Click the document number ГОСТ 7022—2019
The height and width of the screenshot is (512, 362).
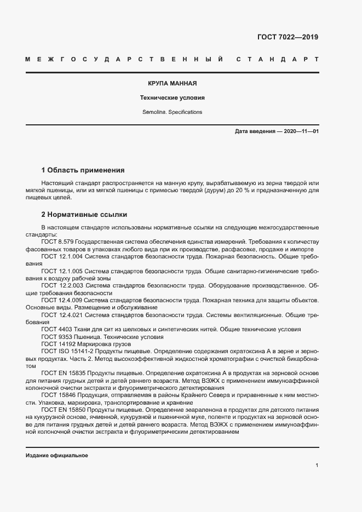[287, 37]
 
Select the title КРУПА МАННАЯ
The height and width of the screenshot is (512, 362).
[172, 84]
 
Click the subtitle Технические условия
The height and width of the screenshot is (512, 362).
[172, 98]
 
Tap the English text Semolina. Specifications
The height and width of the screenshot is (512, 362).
[172, 112]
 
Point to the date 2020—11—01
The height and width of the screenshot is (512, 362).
[301, 131]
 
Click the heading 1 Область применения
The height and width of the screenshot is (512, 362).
[83, 170]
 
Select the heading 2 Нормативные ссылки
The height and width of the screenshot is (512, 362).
[84, 215]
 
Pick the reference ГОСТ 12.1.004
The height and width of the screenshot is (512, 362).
[61, 256]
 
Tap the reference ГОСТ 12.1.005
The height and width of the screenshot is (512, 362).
[61, 271]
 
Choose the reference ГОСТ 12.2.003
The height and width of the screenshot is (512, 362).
[61, 285]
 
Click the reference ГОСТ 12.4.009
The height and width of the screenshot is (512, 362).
[61, 300]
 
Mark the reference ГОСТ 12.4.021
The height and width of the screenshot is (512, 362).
[61, 315]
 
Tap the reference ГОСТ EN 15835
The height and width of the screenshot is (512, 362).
[66, 373]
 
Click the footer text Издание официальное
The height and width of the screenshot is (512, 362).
[56, 456]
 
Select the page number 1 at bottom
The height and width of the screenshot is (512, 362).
[317, 465]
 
